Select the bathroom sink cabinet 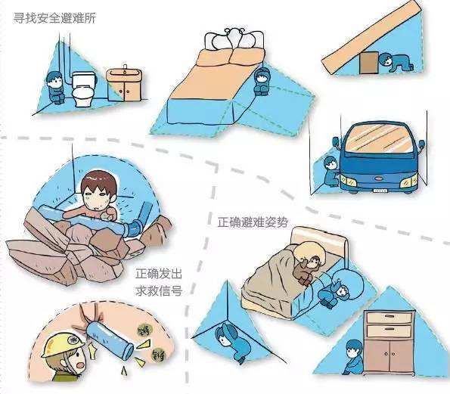[123, 85]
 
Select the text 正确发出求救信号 [159, 281]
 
